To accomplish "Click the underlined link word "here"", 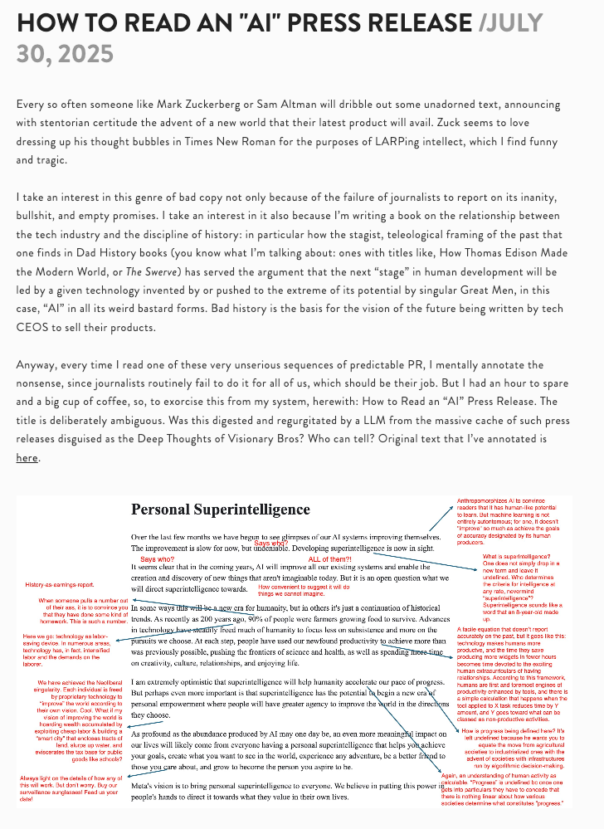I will point(27,457).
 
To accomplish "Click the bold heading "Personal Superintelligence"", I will point(220,510).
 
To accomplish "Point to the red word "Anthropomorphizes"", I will point(483,502).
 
